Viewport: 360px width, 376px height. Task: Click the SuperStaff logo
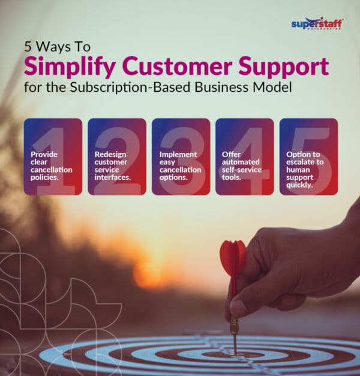coord(317,23)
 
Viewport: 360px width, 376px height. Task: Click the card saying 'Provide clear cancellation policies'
coord(53,157)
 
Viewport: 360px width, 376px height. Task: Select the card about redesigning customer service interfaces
coord(116,157)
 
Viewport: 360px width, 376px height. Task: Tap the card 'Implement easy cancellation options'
coord(181,157)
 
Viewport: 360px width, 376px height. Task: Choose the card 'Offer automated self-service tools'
coord(244,157)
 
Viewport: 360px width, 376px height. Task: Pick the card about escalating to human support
coord(308,157)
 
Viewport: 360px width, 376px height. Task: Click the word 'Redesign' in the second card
coord(110,154)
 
